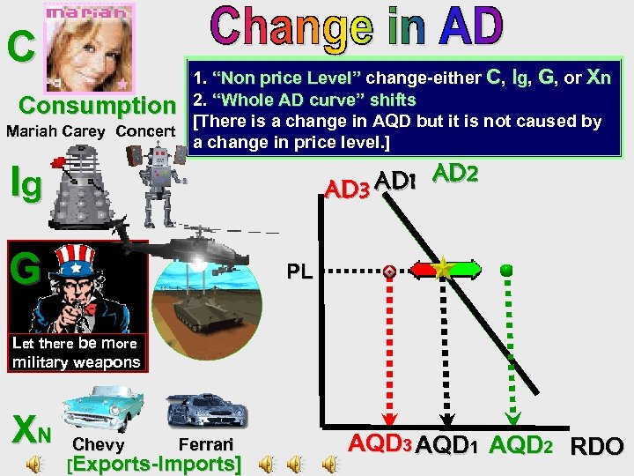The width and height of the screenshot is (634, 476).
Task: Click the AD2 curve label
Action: point(455,175)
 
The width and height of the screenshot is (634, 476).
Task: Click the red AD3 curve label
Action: point(347,187)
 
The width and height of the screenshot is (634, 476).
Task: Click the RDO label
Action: point(597,447)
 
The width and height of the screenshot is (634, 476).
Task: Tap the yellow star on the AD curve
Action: point(443,268)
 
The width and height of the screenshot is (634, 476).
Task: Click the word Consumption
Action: point(98,107)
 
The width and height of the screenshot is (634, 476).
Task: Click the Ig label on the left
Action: point(24,184)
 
